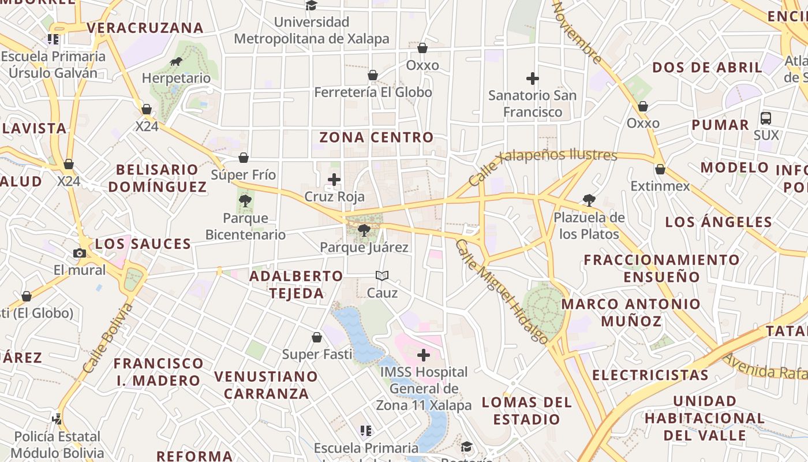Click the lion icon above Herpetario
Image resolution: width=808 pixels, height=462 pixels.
tap(176, 62)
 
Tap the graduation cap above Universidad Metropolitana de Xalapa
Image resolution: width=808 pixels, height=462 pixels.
tap(312, 6)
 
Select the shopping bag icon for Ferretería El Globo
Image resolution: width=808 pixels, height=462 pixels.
tap(373, 75)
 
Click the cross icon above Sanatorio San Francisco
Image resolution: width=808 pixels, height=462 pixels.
tap(532, 78)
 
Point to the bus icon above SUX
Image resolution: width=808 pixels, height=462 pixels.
tap(766, 118)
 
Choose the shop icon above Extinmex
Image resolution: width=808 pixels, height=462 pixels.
tap(660, 169)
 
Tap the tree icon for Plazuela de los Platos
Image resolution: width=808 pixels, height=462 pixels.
tap(589, 200)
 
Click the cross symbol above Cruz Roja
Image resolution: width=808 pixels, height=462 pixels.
tap(334, 180)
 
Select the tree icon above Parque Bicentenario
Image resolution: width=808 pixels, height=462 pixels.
tap(245, 201)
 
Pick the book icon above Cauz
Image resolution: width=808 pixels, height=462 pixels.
tap(382, 276)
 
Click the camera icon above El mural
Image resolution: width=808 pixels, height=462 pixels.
tap(80, 253)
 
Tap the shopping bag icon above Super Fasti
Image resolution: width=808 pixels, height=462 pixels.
tap(316, 337)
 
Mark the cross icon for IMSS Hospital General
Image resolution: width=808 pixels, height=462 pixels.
tap(424, 355)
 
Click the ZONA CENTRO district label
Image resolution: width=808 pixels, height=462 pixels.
tap(376, 137)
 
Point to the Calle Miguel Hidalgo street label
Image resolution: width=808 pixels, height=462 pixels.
tap(501, 291)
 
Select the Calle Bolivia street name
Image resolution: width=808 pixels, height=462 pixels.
tap(108, 337)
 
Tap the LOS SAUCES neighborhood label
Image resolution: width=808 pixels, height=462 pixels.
tap(143, 244)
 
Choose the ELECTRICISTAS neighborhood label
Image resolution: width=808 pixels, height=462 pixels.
tap(650, 375)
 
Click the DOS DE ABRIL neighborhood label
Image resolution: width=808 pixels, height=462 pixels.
tap(707, 68)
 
